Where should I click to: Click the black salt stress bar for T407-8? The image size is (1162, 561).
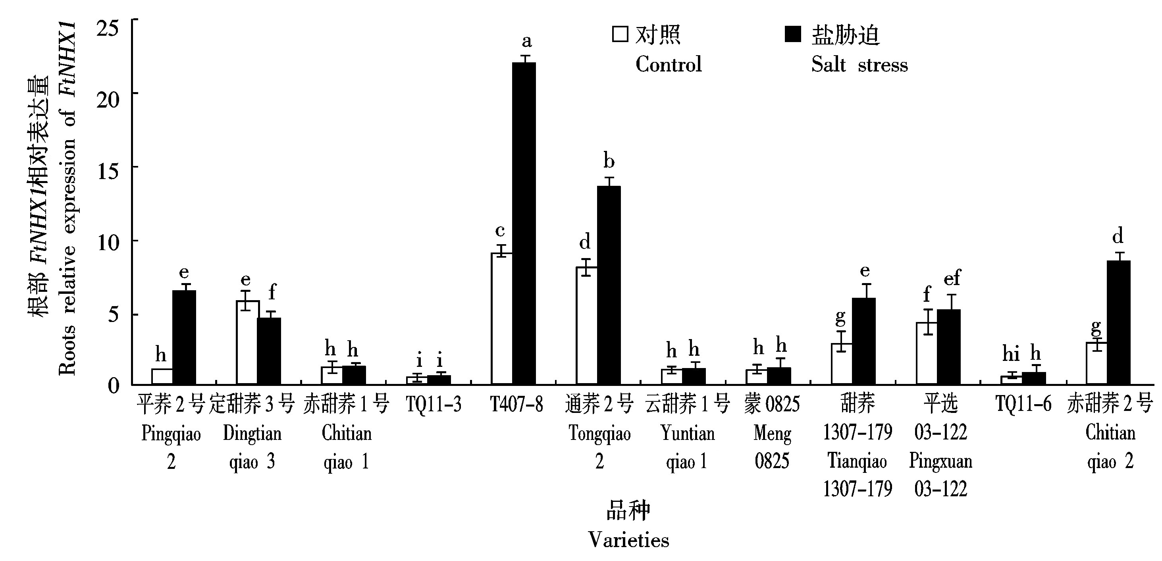pyautogui.click(x=524, y=223)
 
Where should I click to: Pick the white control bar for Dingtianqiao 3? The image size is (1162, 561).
pyautogui.click(x=248, y=342)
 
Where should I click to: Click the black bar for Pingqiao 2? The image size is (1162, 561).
pyautogui.click(x=184, y=337)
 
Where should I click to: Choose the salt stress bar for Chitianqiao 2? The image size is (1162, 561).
pyautogui.click(x=1118, y=322)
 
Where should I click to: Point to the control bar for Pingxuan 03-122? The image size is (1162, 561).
pyautogui.click(x=927, y=353)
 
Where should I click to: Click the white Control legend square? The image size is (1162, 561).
pyautogui.click(x=620, y=34)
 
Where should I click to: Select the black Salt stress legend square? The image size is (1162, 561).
pyautogui.click(x=792, y=34)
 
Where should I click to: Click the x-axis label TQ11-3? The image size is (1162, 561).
pyautogui.click(x=434, y=404)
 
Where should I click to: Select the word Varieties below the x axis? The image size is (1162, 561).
pyautogui.click(x=628, y=540)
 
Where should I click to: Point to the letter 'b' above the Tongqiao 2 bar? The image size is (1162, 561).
pyautogui.click(x=609, y=161)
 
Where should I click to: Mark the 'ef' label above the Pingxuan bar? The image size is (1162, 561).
pyautogui.click(x=952, y=278)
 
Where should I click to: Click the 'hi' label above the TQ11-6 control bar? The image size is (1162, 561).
pyautogui.click(x=1011, y=354)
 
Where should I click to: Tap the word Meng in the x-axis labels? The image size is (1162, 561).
pyautogui.click(x=772, y=434)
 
